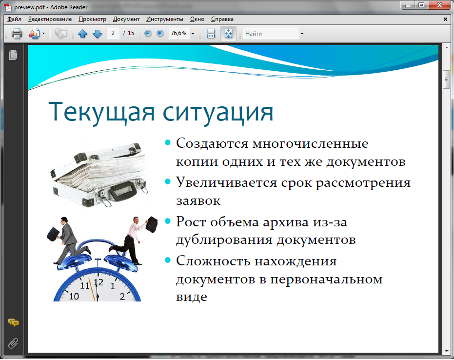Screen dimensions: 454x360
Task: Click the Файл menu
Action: click(14, 19)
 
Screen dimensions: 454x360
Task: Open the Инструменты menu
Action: click(164, 19)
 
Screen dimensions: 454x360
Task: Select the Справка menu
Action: click(222, 19)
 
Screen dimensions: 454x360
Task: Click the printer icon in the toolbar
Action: click(17, 34)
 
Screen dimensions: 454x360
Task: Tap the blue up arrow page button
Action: click(83, 34)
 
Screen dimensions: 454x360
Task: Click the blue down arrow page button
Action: click(98, 34)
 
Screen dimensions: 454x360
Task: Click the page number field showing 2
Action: click(113, 33)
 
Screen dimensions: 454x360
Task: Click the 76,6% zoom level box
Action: click(179, 33)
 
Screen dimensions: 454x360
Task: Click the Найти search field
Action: click(271, 34)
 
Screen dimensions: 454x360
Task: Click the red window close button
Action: click(439, 5)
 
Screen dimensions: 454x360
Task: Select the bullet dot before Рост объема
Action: click(168, 221)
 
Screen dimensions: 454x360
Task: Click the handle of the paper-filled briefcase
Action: click(122, 191)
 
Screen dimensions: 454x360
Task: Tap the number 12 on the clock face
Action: click(98, 282)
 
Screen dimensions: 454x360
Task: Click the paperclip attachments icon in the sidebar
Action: click(13, 343)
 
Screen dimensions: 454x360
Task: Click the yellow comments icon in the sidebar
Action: click(13, 322)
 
